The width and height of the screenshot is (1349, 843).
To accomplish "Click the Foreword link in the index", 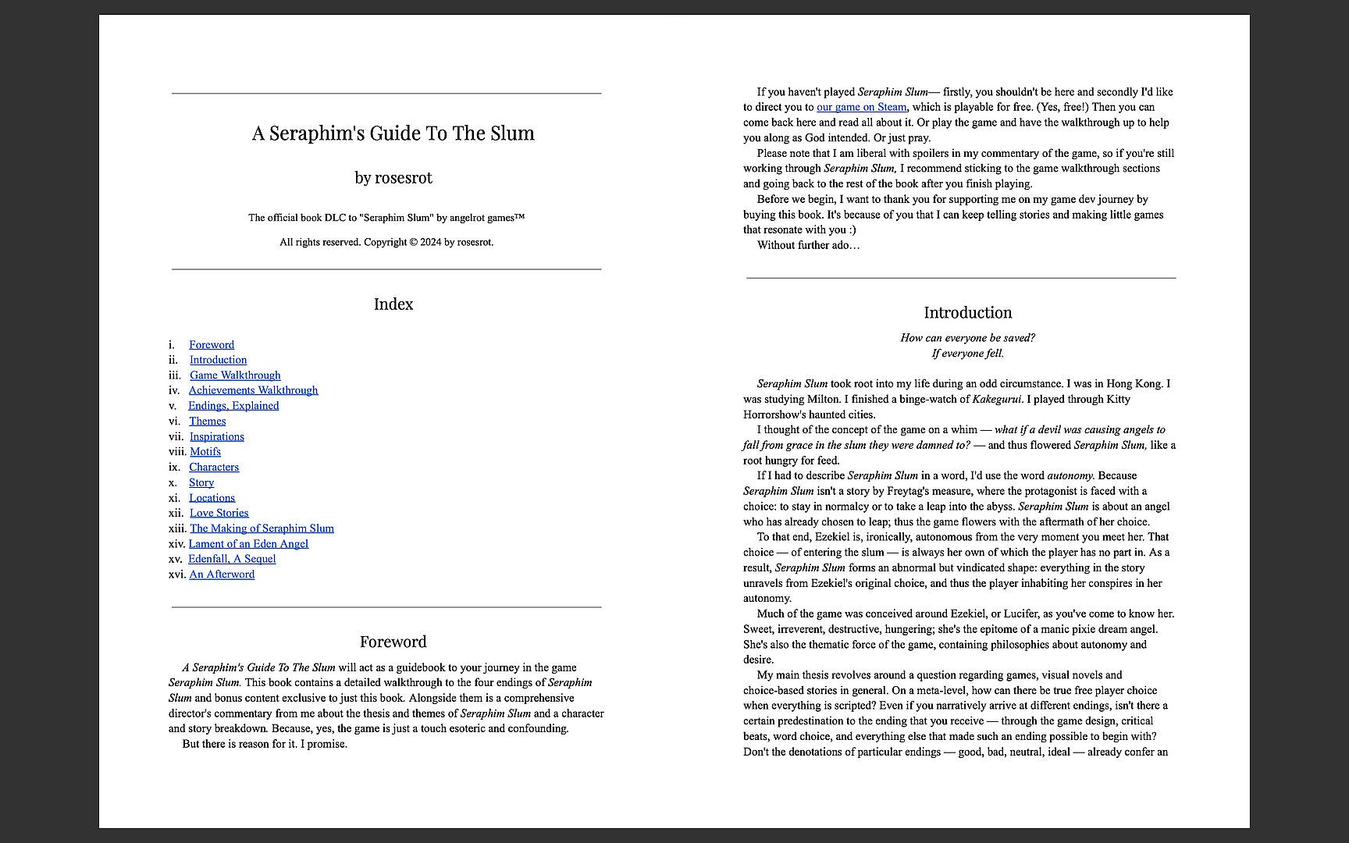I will coord(211,345).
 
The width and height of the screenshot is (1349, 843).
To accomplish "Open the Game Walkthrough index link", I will coord(235,375).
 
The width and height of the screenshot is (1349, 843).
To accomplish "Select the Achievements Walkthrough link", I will coord(253,390).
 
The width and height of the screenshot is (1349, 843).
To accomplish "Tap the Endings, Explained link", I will coord(233,406).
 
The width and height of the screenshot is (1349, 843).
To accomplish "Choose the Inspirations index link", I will coord(216,436).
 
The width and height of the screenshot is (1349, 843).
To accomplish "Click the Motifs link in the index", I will coord(205,452).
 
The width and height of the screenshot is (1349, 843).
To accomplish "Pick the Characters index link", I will coord(214,467).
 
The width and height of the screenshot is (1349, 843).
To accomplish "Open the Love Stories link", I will coord(219,513).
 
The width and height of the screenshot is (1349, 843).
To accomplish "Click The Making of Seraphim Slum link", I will coord(262,528).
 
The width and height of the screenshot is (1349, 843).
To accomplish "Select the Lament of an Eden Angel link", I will coord(248,544).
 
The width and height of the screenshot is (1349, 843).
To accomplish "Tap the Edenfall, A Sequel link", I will coord(232,559).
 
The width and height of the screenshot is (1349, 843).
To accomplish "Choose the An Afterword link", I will coord(222,574).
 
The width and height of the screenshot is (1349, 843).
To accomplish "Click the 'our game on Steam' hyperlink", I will coord(861,107).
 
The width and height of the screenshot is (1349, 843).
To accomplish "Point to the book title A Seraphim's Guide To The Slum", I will coord(393,133).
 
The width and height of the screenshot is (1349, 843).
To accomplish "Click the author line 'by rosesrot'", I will coord(393,178).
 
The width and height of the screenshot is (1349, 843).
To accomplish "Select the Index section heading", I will coord(393,304).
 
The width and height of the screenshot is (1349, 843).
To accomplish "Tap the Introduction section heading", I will coord(967,313).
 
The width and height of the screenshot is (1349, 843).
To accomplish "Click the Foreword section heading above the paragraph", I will coord(393,642).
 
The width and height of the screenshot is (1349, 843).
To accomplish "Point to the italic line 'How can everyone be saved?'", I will coord(967,338).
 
